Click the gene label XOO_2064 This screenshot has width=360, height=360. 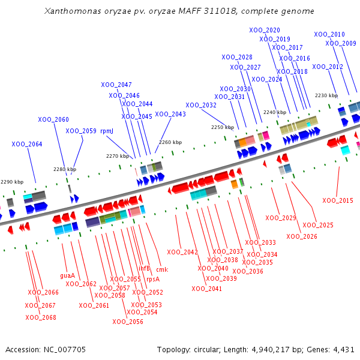tap(27, 144)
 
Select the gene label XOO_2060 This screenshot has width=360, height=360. tap(53, 119)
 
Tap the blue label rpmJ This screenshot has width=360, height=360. tap(107, 131)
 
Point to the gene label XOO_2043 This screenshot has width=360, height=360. tap(170, 114)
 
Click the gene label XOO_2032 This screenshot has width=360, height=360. tap(201, 105)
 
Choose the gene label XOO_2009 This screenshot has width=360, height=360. tap(341, 43)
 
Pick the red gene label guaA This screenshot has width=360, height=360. tap(68, 276)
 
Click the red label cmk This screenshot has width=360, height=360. tap(162, 269)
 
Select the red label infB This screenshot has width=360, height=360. tap(145, 268)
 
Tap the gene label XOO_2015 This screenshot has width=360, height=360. tap(338, 200)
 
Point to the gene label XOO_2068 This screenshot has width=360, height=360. tap(41, 317)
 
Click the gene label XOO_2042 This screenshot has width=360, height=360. tap(182, 252)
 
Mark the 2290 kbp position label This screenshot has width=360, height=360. tap(12, 182)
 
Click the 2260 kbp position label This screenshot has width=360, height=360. tap(170, 142)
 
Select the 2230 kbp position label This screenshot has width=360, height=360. tap(326, 95)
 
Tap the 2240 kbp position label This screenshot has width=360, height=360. tap(275, 112)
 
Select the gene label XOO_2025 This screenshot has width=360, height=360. tap(318, 225)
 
